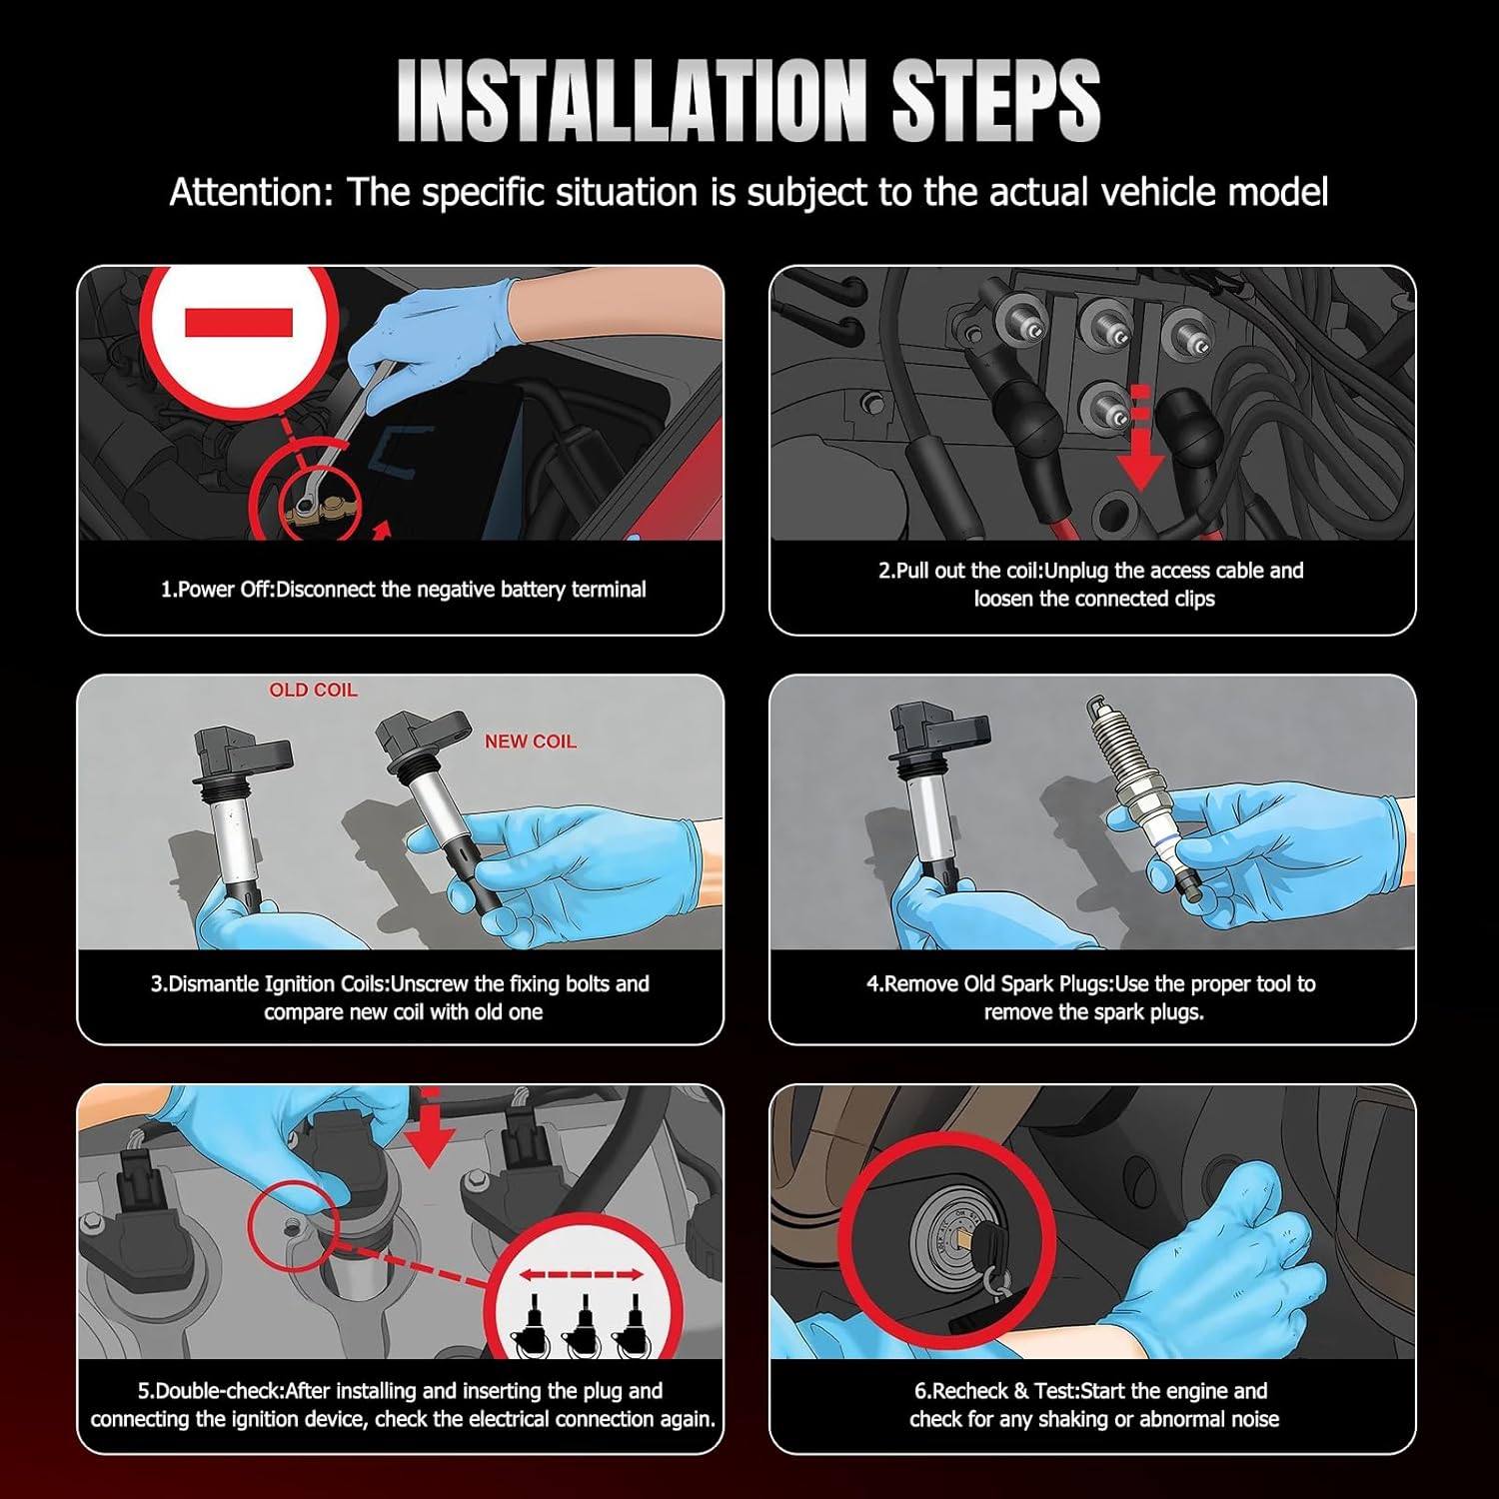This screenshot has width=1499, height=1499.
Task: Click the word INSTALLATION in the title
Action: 632,100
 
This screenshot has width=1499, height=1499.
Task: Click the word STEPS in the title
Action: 995,100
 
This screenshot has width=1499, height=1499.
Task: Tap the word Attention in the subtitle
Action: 250,192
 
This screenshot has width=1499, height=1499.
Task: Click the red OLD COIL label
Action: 313,690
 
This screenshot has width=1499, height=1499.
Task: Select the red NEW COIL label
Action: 531,742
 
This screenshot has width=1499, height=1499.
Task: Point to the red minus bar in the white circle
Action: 239,323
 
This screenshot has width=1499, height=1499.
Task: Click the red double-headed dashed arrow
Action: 581,1275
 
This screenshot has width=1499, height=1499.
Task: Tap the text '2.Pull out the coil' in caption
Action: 958,571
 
